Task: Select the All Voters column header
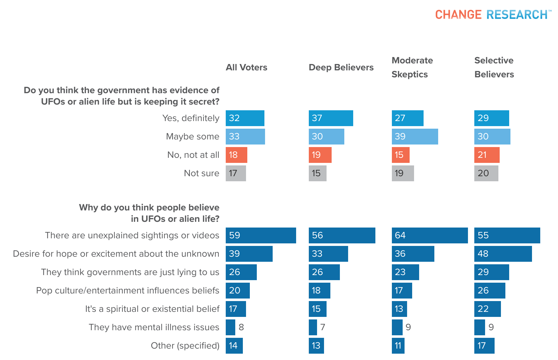(246, 67)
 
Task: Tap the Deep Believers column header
(341, 67)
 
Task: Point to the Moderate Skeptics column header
(412, 67)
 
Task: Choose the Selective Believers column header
(494, 67)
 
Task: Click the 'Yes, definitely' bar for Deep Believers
(331, 118)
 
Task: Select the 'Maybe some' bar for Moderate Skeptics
(415, 137)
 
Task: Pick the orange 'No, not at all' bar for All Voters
(236, 155)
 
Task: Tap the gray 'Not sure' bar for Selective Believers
(486, 173)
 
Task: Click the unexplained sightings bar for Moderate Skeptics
(430, 235)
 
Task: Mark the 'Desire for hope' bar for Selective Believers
(503, 254)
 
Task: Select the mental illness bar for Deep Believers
(313, 327)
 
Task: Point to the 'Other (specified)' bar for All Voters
(234, 346)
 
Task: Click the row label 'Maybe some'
(192, 137)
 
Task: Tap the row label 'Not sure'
(201, 173)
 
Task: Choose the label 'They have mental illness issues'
(154, 327)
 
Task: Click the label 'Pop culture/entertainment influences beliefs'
(127, 291)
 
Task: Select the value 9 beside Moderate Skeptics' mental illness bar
(408, 327)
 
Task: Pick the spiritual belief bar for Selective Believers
(487, 309)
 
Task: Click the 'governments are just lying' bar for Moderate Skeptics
(405, 272)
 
